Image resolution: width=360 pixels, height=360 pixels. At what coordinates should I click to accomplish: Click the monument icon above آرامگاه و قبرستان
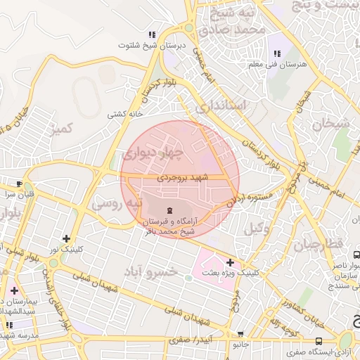click(169, 210)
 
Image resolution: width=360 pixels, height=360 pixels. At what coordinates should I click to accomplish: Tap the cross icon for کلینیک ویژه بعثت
click(230, 262)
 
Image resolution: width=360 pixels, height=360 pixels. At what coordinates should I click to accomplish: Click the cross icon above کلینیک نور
click(66, 238)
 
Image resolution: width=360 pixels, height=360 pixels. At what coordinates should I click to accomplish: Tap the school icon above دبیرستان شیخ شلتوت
click(151, 34)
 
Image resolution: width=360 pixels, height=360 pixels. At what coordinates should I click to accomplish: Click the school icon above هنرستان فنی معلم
click(276, 53)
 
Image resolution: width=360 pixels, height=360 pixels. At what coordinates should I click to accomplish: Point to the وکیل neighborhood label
click(258, 228)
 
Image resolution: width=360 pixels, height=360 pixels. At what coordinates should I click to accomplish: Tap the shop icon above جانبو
click(241, 335)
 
